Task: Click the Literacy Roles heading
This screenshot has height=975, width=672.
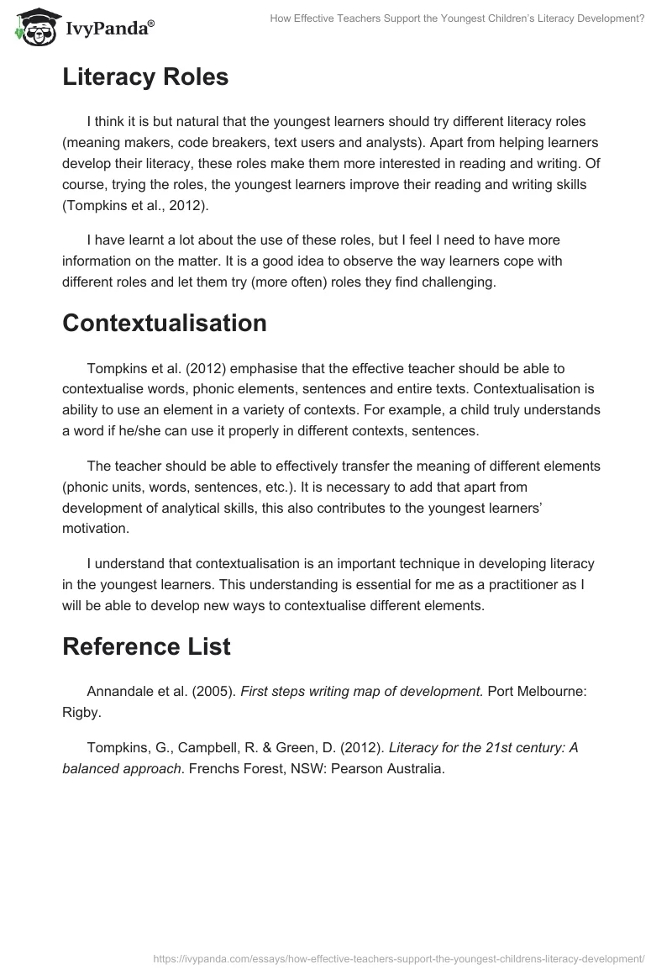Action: (x=145, y=77)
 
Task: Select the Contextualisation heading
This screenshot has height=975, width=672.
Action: (x=165, y=323)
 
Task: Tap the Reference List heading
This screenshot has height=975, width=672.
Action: (x=146, y=646)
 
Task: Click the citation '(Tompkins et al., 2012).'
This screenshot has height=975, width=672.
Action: (x=133, y=206)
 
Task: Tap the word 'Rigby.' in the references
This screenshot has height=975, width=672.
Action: (x=81, y=712)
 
